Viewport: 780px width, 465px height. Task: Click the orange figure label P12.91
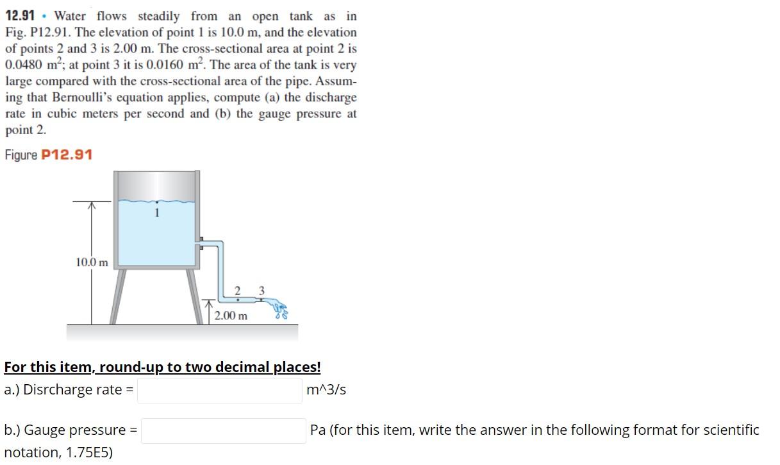pos(67,155)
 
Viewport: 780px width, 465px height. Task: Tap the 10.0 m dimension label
pos(92,262)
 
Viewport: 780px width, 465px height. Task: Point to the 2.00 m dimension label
pos(231,316)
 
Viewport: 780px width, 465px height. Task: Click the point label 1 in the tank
pos(156,213)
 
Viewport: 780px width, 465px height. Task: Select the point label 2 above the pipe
pos(238,291)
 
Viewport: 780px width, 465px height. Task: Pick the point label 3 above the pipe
pos(261,291)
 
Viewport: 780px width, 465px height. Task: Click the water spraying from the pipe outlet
pos(280,309)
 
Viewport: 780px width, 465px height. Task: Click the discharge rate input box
pos(219,390)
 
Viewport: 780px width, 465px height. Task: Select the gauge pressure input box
pos(223,430)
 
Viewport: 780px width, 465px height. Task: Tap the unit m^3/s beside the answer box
pos(327,390)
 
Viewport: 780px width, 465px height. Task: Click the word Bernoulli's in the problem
pos(89,97)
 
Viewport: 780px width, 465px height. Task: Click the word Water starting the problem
pos(72,15)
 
